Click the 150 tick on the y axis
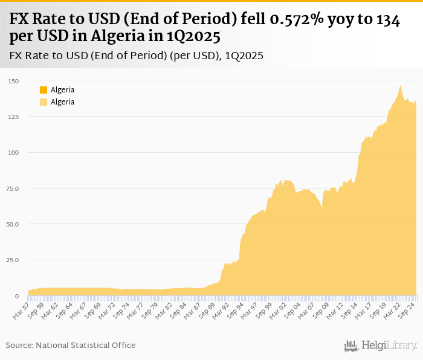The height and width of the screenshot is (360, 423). [13, 81]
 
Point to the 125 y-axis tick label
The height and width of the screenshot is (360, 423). [13, 117]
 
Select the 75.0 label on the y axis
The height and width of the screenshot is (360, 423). [13, 188]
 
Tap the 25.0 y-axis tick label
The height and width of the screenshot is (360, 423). [13, 260]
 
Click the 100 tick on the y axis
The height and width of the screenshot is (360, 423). [13, 153]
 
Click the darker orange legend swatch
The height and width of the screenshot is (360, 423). [44, 90]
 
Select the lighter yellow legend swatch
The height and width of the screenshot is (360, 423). [44, 102]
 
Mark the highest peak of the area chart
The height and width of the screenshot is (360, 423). [400, 86]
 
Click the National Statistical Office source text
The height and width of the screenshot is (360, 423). [86, 345]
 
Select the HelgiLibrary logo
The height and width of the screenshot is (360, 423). [380, 346]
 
